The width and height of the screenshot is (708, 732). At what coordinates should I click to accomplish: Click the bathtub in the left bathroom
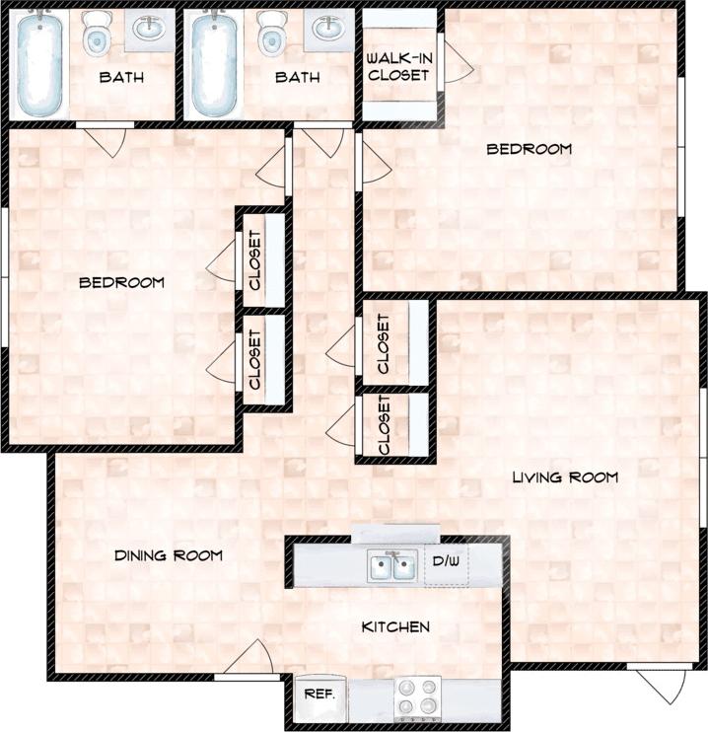[40, 62]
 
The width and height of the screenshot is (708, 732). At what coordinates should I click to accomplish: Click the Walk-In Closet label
[398, 66]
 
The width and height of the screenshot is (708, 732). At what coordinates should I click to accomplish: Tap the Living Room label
[565, 477]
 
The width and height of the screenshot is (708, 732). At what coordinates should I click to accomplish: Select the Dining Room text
[168, 555]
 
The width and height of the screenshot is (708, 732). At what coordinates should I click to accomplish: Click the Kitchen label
[395, 626]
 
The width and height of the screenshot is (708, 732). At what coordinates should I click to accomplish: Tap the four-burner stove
[417, 696]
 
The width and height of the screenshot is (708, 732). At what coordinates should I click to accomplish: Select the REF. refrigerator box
[319, 695]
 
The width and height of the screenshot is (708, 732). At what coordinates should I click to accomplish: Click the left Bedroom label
[121, 282]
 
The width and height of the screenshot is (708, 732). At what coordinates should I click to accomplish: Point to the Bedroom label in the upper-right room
[530, 149]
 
